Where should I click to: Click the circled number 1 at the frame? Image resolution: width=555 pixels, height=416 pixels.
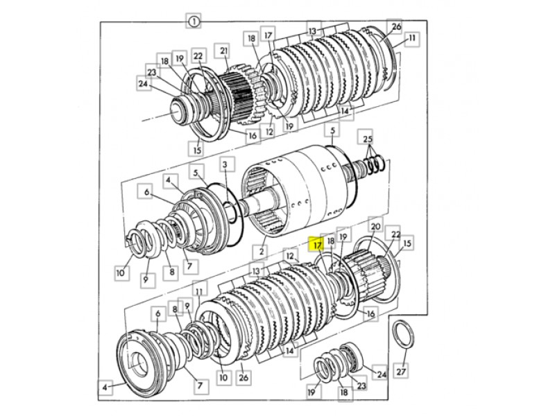click(194, 22)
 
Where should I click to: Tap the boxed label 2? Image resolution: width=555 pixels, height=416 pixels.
click(262, 252)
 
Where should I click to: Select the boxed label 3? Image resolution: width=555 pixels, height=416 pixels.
click(224, 165)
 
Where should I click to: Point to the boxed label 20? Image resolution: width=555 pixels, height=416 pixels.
click(375, 226)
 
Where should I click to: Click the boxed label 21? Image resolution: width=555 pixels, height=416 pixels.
click(223, 51)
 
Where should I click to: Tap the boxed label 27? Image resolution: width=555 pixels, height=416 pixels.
click(401, 372)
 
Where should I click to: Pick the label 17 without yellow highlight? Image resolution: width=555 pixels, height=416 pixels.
click(268, 35)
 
